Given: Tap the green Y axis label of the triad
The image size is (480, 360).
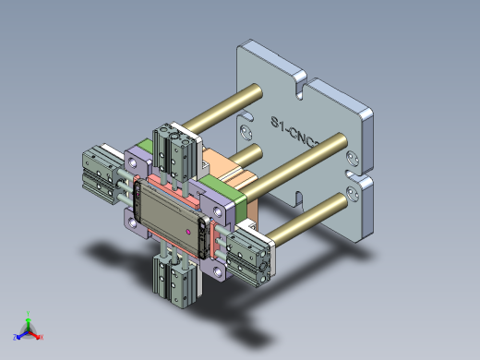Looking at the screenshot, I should pyautogui.click(x=29, y=312).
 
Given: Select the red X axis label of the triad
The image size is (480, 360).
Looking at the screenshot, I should pyautogui.click(x=42, y=337).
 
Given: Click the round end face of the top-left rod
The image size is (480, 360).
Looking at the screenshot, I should pyautogui.click(x=255, y=90).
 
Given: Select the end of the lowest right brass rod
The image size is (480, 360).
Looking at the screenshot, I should pyautogui.click(x=353, y=195).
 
